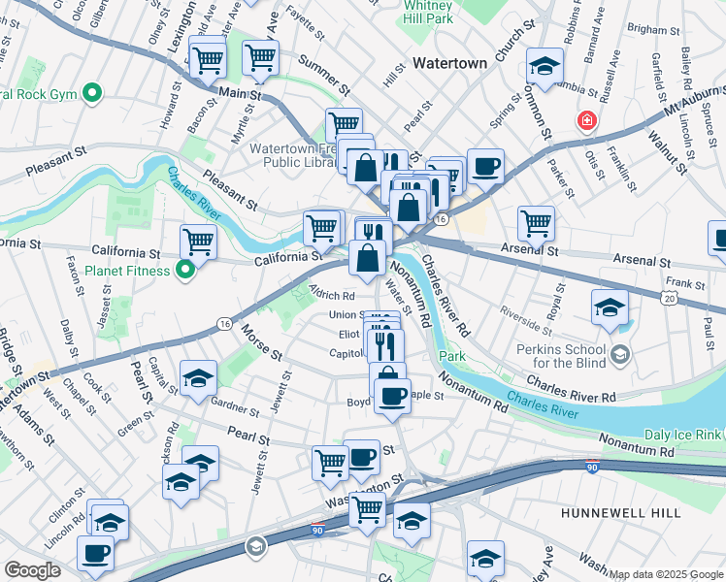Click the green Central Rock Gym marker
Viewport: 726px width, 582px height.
pyautogui.click(x=92, y=94)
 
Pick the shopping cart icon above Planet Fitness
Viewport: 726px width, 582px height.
pyautogui.click(x=198, y=239)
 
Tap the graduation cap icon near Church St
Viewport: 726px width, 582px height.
pyautogui.click(x=545, y=65)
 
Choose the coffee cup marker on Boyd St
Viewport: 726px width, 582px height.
pyautogui.click(x=392, y=396)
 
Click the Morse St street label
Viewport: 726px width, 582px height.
pyautogui.click(x=262, y=339)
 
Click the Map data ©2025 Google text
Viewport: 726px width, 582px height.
pyautogui.click(x=666, y=574)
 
